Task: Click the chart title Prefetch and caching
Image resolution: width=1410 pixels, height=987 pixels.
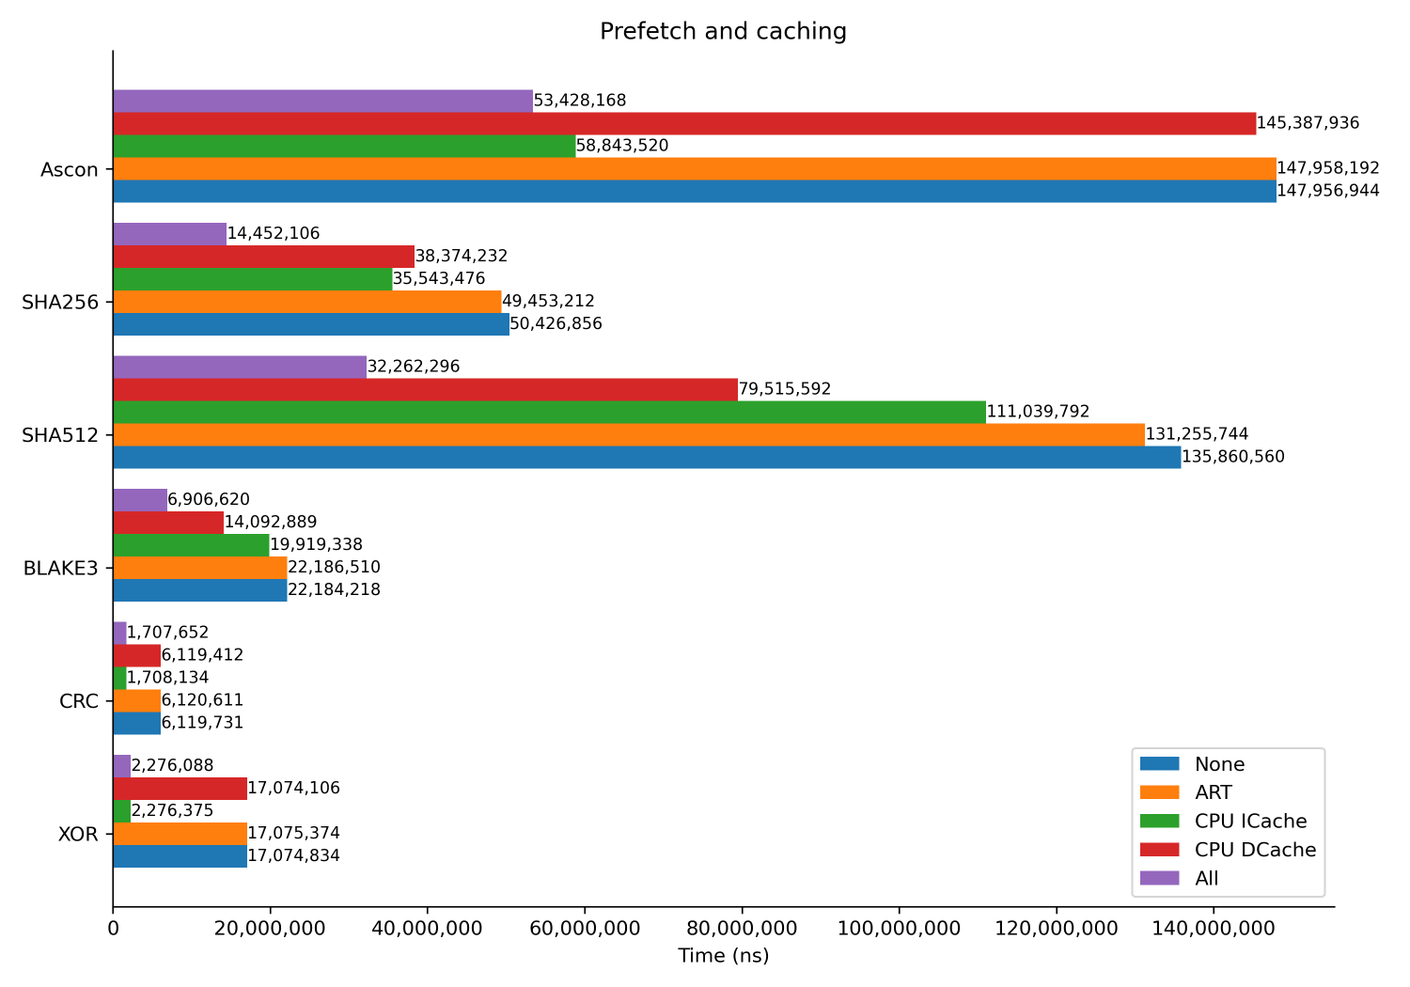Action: (x=723, y=31)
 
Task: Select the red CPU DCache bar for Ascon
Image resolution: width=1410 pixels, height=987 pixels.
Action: (x=684, y=123)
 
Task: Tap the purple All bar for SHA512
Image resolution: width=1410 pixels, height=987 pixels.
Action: (x=240, y=367)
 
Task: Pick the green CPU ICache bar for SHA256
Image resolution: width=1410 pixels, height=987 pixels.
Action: (x=253, y=279)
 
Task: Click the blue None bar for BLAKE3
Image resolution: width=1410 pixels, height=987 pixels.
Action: (x=200, y=590)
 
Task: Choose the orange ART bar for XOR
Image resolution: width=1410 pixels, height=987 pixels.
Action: (x=180, y=834)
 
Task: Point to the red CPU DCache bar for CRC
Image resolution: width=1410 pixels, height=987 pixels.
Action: (x=136, y=655)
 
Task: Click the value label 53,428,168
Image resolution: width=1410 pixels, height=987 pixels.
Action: (x=580, y=101)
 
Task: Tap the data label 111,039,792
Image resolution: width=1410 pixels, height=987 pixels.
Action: (x=1038, y=412)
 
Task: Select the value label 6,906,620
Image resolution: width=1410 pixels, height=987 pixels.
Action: (x=209, y=500)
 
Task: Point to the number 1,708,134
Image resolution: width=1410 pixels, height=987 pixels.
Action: (x=167, y=678)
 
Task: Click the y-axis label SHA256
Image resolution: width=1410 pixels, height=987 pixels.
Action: (x=61, y=303)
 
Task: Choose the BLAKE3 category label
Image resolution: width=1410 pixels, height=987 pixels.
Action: (x=61, y=568)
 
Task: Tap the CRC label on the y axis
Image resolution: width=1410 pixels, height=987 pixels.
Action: (x=79, y=701)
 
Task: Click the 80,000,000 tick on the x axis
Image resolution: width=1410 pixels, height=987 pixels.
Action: (x=742, y=929)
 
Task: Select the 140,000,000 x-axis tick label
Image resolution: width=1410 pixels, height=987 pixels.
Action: (x=1214, y=929)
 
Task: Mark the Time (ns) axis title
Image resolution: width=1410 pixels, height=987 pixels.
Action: (x=723, y=956)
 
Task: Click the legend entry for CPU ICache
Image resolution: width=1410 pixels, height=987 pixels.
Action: (x=1250, y=822)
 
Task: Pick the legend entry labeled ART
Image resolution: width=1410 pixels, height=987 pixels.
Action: (x=1213, y=793)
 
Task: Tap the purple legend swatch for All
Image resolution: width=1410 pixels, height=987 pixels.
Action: (x=1159, y=878)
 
